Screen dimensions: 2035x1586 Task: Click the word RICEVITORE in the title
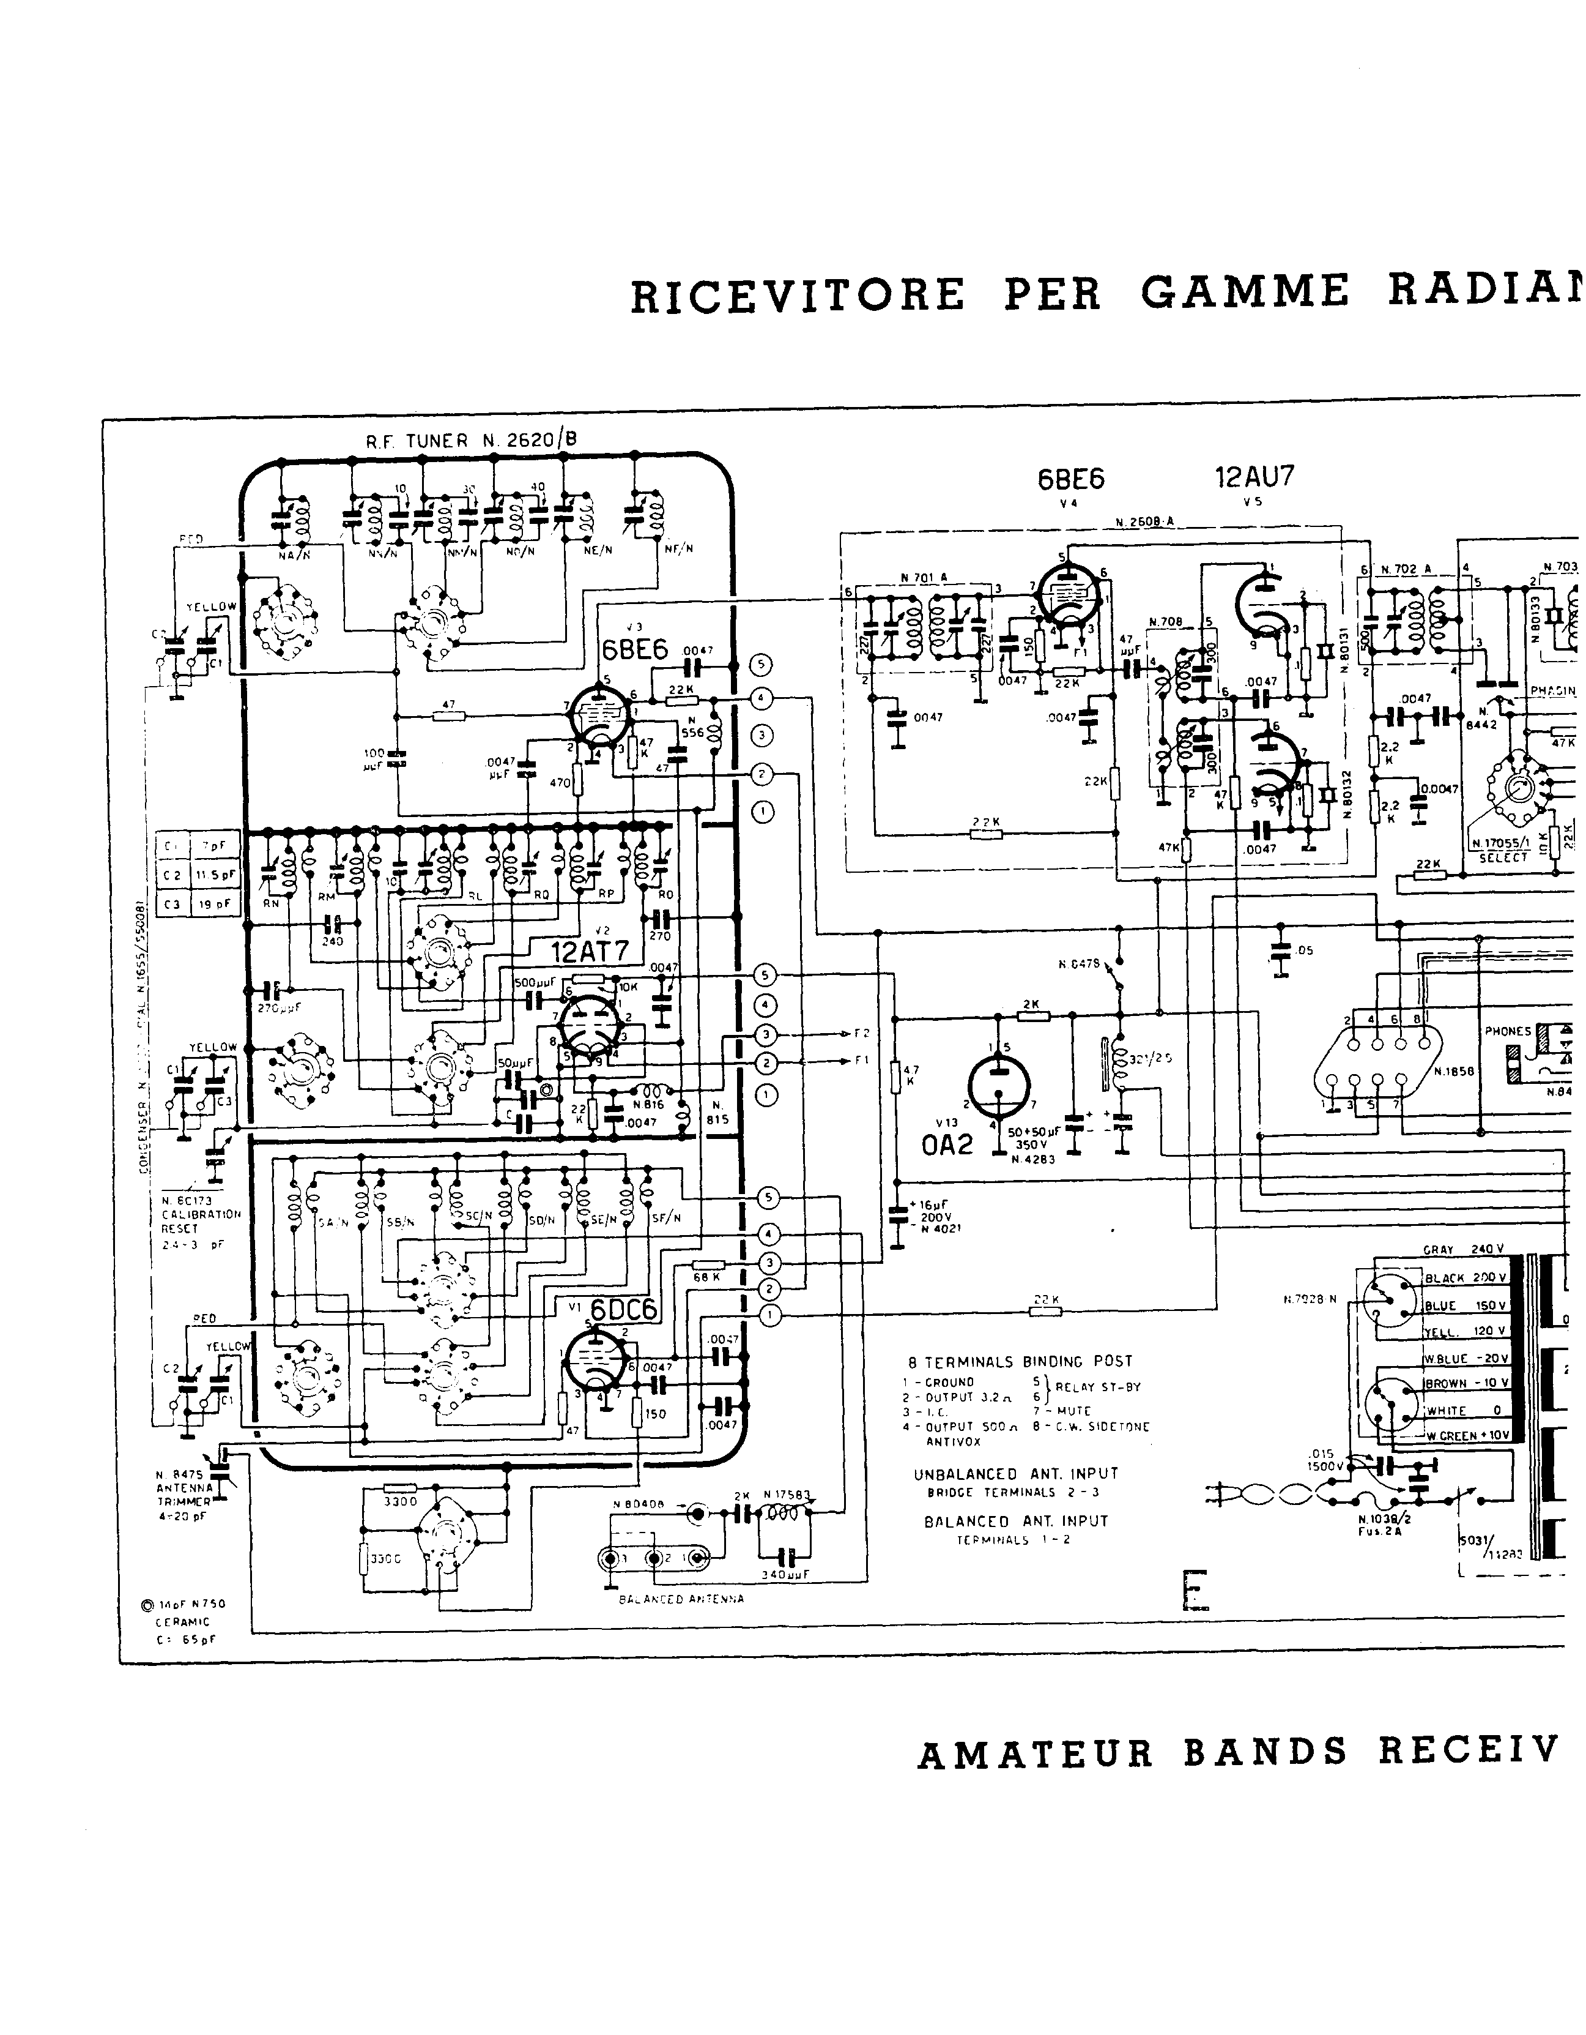tap(797, 296)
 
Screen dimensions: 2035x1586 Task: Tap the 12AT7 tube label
tap(590, 951)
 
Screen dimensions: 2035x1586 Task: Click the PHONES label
tap(1508, 1031)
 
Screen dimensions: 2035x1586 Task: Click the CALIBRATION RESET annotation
tap(200, 1220)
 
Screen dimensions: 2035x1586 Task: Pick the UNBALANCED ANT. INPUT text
tap(1015, 1474)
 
